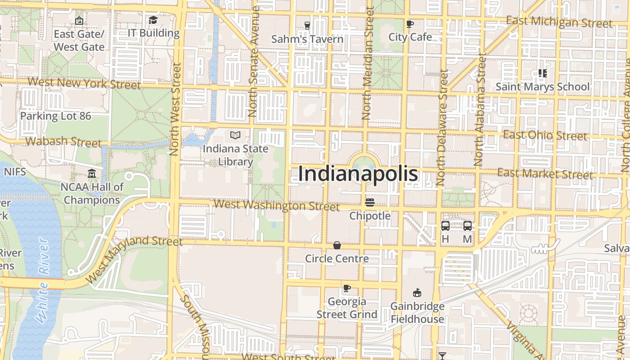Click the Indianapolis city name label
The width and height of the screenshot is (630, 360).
[x=358, y=174]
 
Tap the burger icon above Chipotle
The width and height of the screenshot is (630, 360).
[x=370, y=202]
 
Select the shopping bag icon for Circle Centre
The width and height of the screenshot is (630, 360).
[x=337, y=245]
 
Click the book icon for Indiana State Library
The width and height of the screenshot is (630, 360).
[x=235, y=135]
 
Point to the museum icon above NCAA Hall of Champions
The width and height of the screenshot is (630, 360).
[x=92, y=173]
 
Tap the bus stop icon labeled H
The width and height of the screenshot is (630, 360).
[x=445, y=226]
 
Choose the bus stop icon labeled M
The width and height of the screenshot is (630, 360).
[x=468, y=226]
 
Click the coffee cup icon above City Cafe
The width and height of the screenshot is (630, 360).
[x=409, y=24]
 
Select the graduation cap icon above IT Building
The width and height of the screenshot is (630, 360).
[x=153, y=20]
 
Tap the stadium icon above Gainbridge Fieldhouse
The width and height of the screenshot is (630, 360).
[x=417, y=293]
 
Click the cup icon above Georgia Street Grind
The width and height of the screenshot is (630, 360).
[x=346, y=288]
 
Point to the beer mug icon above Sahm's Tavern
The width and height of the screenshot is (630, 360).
[x=307, y=26]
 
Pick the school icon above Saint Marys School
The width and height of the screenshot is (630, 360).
[x=542, y=73]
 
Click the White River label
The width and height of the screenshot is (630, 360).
[x=43, y=281]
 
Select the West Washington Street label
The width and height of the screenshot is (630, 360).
[x=276, y=206]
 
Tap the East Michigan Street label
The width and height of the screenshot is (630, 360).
[x=559, y=22]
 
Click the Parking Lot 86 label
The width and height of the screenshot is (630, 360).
[x=55, y=116]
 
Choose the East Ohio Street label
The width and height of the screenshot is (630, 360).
[x=544, y=135]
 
